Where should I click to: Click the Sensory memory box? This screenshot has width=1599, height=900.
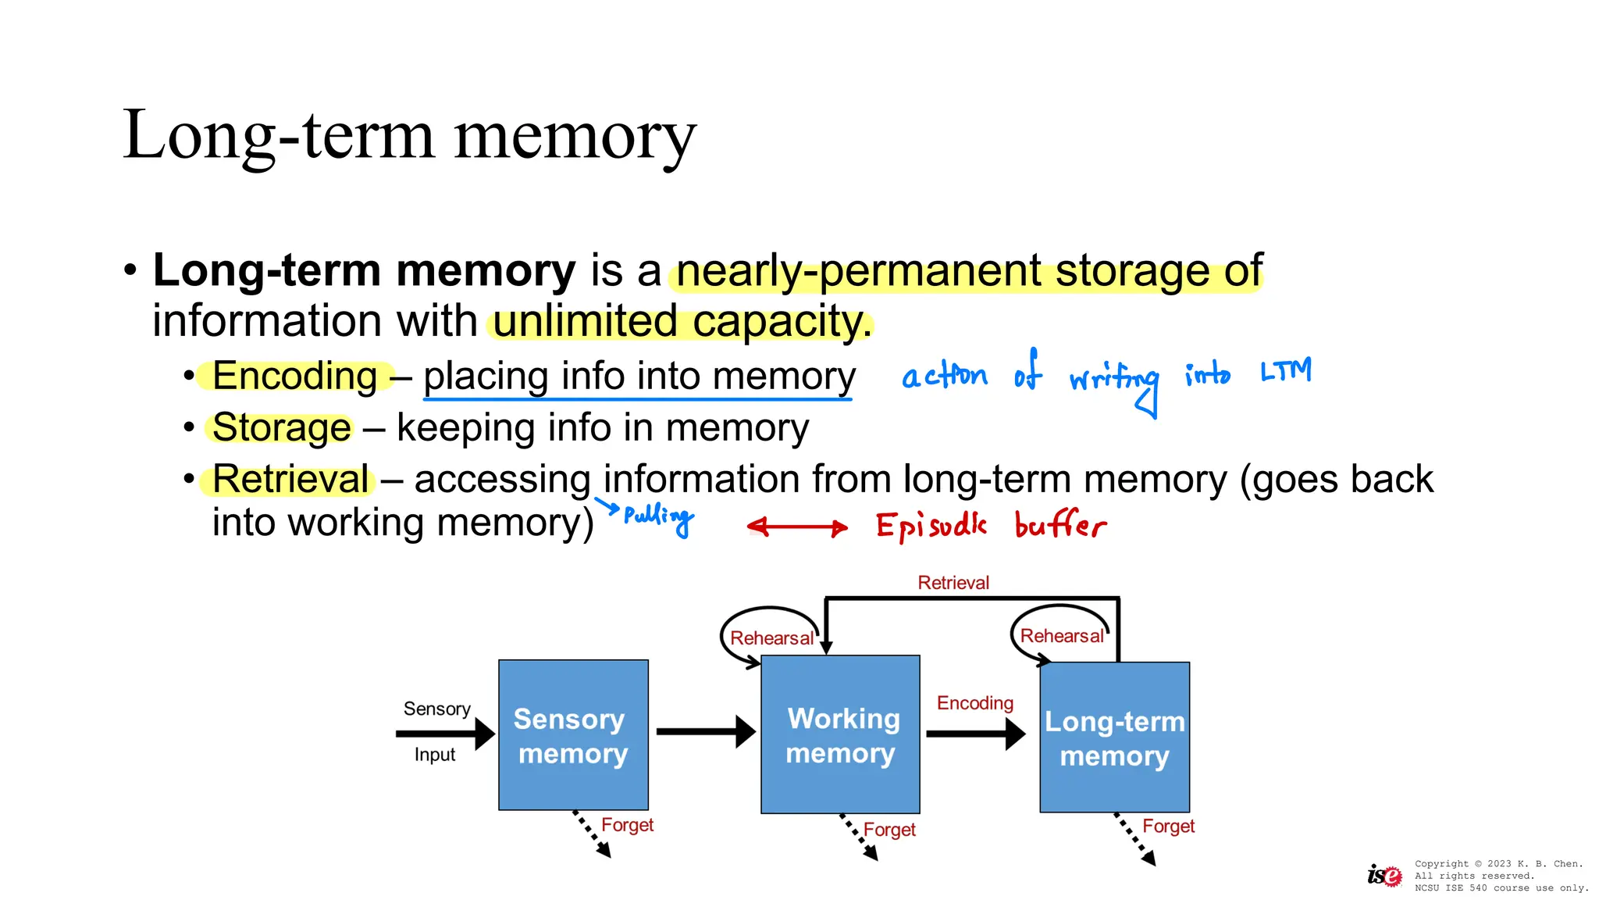point(573,735)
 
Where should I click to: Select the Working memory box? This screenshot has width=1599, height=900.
point(840,735)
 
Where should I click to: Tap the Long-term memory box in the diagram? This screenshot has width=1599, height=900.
point(1114,737)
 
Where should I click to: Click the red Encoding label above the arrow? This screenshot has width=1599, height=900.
point(974,703)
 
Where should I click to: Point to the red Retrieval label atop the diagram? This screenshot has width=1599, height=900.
point(953,583)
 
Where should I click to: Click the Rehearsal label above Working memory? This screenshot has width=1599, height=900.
point(771,638)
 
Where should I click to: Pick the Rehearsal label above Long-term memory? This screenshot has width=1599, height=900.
point(1061,636)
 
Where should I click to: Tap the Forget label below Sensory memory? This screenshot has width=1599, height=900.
point(627,825)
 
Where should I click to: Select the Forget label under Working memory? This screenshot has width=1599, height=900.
point(889,830)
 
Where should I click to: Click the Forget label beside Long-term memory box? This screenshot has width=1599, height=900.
point(1168,827)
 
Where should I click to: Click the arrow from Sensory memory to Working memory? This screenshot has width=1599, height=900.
point(704,732)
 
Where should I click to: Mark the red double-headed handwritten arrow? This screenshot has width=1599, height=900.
point(797,527)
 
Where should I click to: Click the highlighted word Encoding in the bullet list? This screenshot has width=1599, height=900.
point(294,376)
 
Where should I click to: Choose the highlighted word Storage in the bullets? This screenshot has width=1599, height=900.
point(281,427)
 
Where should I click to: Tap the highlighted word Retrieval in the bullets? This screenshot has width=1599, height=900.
point(290,479)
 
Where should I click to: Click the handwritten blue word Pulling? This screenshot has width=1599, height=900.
point(658,516)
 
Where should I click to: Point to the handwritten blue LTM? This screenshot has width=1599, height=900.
point(1286,370)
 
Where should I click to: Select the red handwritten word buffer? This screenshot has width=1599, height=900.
point(1060,525)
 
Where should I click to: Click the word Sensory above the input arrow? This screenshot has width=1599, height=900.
point(436,709)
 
